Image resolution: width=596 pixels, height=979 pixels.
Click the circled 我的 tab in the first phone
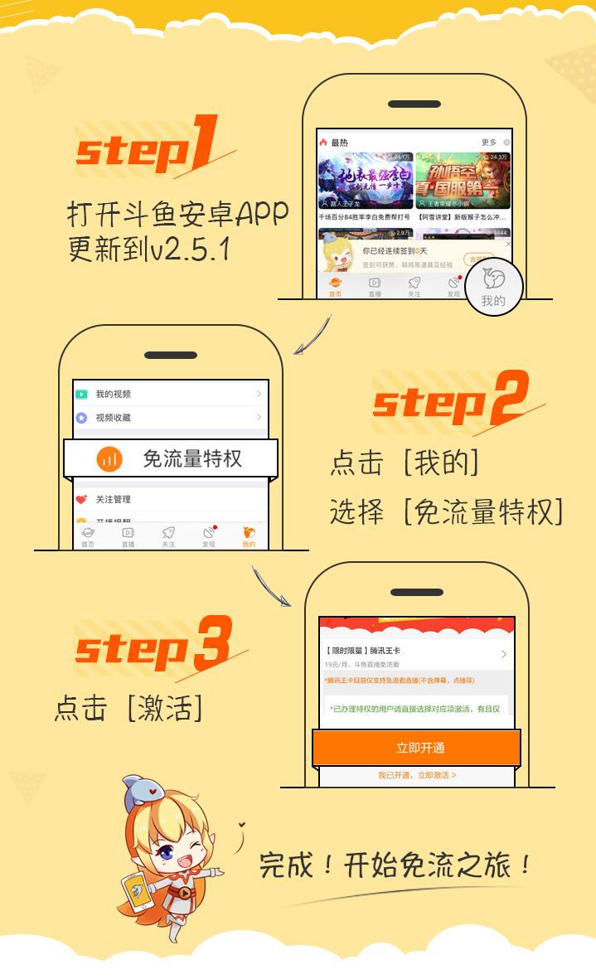point(493,288)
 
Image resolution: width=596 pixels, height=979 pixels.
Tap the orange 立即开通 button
point(416,748)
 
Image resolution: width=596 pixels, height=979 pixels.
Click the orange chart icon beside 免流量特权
point(109,458)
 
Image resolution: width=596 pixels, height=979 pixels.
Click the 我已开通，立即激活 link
point(417,775)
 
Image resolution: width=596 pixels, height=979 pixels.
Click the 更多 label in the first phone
point(489,143)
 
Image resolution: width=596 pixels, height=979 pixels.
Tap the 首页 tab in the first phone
point(335,287)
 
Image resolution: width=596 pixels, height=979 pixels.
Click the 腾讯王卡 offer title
point(373,652)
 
